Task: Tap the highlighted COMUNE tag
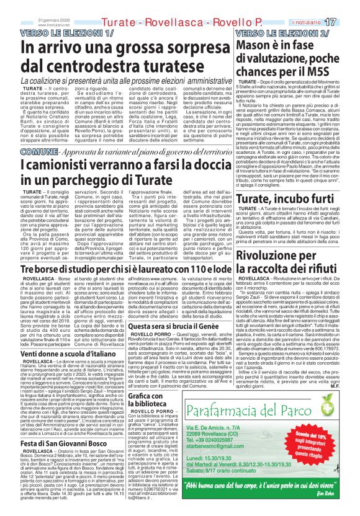[36, 151]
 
